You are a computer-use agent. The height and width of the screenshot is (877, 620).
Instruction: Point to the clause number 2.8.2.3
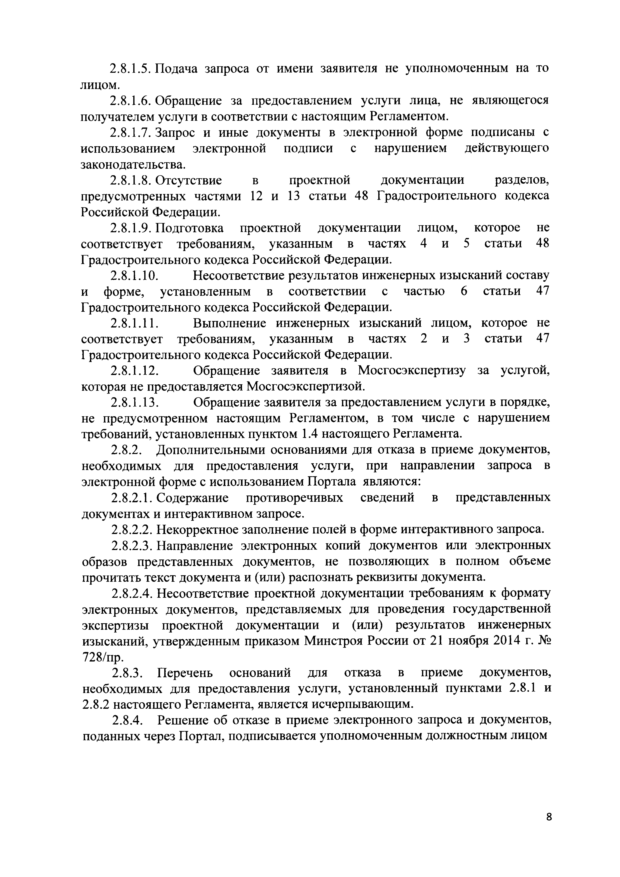point(131,545)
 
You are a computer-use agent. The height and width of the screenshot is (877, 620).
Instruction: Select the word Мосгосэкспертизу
point(411,371)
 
